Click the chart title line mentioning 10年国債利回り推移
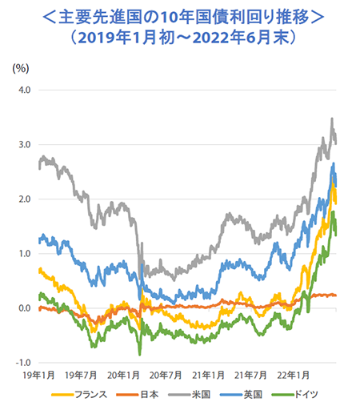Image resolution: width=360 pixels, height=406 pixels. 180,15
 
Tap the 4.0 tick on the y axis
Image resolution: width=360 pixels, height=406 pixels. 24,90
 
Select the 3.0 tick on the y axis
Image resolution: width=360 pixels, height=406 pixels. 24,144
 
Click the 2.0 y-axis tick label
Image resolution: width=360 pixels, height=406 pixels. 24,199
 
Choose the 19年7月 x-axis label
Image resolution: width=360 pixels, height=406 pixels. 82,374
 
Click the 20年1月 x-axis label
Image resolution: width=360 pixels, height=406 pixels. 125,374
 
